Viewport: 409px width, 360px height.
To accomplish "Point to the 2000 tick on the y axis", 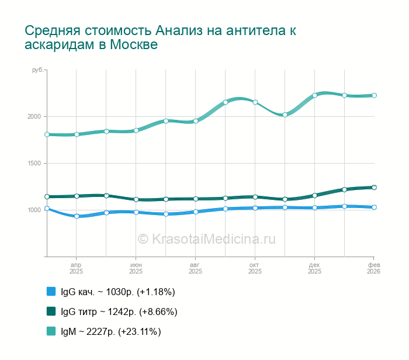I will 33,116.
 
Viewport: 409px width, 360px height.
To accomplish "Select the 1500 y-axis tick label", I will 33,163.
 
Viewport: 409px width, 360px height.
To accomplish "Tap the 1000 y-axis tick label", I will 33,210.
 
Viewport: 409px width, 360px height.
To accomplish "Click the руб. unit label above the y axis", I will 37,70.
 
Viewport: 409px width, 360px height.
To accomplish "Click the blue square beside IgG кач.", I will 51,292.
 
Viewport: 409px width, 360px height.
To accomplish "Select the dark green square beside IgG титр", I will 51,311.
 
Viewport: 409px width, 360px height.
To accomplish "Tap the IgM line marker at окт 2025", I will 255,102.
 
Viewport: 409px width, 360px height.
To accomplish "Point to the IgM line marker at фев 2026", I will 374,95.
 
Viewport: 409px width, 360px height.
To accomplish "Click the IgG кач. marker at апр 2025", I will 77,216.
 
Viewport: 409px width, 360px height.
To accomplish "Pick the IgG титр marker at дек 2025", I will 314,195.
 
